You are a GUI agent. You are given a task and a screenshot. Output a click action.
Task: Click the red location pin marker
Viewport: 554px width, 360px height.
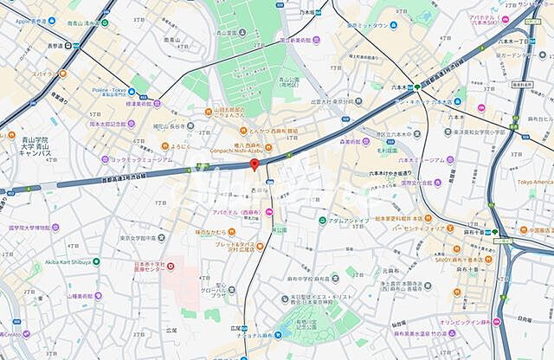click(254, 164)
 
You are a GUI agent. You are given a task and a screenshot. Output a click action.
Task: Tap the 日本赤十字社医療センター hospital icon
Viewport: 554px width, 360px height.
click(170, 264)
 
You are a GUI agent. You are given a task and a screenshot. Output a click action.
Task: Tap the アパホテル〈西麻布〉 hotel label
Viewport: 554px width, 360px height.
click(242, 212)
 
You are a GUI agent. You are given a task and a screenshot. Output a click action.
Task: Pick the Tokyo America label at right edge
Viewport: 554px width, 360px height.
click(534, 182)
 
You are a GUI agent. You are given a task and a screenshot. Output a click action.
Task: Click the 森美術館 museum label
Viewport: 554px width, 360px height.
click(355, 139)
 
